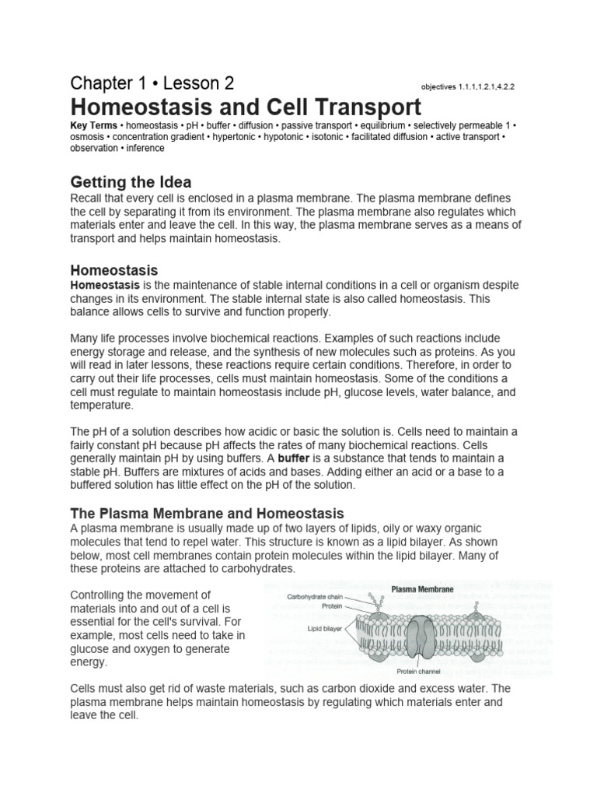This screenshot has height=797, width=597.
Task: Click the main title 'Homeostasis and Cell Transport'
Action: click(x=246, y=107)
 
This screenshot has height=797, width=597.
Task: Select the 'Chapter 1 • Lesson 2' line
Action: click(x=152, y=83)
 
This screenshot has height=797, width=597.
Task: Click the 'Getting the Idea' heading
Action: click(x=131, y=182)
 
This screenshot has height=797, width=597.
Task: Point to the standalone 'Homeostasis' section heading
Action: click(x=114, y=270)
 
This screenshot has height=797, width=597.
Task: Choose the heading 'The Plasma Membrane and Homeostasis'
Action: click(x=207, y=513)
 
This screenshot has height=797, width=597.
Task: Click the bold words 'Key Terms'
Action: click(x=93, y=125)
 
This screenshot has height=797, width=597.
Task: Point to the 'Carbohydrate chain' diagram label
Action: click(x=315, y=598)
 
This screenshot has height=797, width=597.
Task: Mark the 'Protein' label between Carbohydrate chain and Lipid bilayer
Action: click(x=331, y=606)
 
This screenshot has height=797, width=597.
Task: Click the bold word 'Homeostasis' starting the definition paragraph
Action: click(x=102, y=285)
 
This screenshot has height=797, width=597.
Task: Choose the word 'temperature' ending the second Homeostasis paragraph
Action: click(x=101, y=406)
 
